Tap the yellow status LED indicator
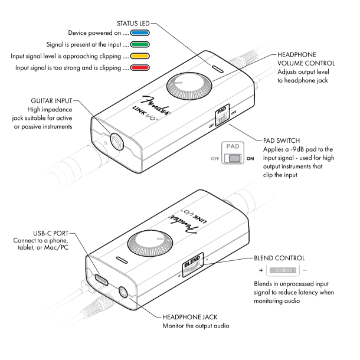[x=150, y=56]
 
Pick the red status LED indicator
[x=150, y=68]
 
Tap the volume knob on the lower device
[x=146, y=243]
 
